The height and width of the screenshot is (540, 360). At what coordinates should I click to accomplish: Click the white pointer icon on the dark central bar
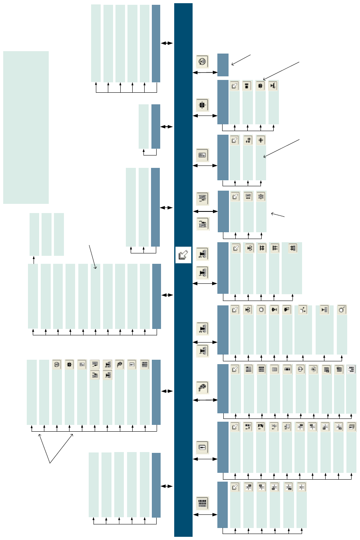(x=183, y=255)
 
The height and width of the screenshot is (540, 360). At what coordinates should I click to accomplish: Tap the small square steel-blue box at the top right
(x=223, y=65)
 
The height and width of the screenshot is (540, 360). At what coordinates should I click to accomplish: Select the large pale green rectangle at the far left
(x=26, y=127)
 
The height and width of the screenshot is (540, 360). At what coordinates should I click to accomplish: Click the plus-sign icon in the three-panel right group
(x=261, y=140)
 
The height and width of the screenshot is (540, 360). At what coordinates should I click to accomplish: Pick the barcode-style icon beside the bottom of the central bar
(x=203, y=503)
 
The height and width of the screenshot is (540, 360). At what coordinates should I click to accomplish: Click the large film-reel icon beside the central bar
(x=203, y=387)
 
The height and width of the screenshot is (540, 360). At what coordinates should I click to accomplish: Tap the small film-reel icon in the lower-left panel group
(x=119, y=365)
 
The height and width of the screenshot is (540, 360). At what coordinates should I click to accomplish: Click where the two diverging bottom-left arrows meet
(x=50, y=463)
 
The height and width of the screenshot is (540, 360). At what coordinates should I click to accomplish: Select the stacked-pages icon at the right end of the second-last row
(x=351, y=427)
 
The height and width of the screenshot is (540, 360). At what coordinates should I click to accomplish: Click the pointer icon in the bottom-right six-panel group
(x=235, y=487)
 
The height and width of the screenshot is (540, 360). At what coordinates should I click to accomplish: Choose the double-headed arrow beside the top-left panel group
(x=167, y=43)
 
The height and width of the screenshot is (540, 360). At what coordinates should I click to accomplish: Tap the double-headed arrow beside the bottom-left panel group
(x=167, y=486)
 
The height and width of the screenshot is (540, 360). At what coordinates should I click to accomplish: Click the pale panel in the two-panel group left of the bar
(x=143, y=126)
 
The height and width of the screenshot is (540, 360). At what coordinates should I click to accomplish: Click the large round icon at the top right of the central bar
(x=203, y=62)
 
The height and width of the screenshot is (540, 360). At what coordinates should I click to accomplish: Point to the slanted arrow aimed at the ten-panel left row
(x=93, y=257)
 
